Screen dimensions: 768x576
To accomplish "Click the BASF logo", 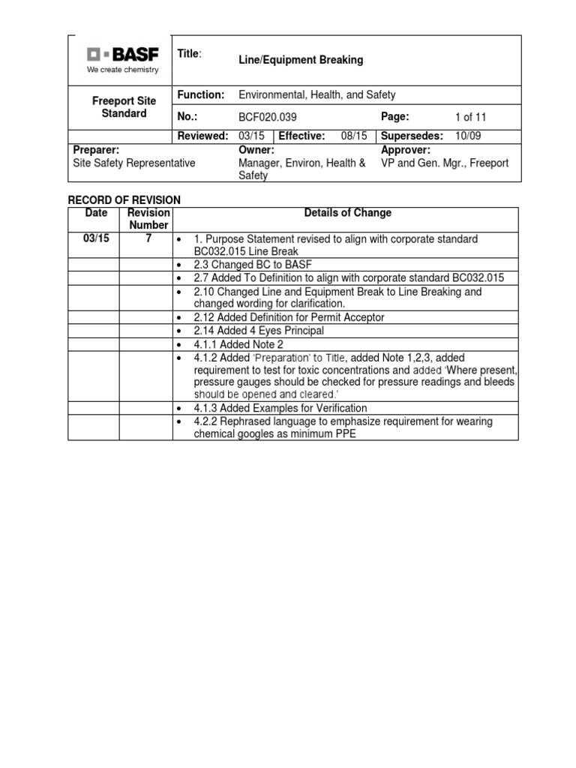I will click(x=123, y=55).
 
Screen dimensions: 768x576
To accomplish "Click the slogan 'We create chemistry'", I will click(x=123, y=70).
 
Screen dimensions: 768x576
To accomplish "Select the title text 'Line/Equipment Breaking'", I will click(x=300, y=60).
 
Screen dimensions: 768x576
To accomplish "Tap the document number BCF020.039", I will click(x=269, y=117).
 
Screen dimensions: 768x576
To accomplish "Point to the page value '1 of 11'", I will click(x=471, y=117).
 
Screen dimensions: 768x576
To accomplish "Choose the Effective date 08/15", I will click(x=352, y=136).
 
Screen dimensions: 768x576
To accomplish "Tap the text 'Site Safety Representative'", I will click(x=133, y=163).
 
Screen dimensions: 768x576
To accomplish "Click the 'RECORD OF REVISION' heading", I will click(x=124, y=199).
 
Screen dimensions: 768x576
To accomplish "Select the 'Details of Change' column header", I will click(x=347, y=213).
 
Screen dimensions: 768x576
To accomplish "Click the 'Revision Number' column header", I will click(x=148, y=219).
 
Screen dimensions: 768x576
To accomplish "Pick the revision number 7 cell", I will click(x=148, y=238).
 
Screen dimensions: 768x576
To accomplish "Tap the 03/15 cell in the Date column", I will click(x=92, y=238).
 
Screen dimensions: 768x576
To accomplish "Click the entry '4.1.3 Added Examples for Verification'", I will click(x=280, y=408).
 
